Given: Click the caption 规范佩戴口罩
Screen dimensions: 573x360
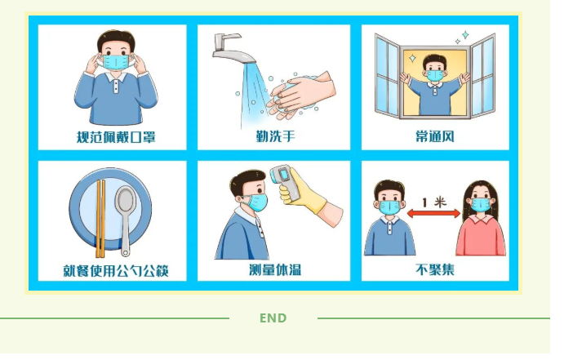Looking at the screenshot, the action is pos(116,137).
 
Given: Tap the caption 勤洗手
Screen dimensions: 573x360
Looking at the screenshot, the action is pos(275,136).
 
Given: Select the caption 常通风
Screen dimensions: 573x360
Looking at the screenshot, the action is pos(435,136).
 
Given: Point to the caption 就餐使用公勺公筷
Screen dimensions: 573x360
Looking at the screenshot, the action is pos(116,271).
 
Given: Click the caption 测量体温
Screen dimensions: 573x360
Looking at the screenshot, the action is pos(275,269).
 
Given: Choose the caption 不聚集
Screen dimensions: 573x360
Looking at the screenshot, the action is pos(435,269).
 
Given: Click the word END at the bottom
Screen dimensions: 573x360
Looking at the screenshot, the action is pos(273,318).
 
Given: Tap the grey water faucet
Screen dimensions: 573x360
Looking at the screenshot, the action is pos(231,49).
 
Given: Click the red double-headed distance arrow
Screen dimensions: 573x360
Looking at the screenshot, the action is pos(433,213).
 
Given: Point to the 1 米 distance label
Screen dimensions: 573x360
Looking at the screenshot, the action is pos(434,202).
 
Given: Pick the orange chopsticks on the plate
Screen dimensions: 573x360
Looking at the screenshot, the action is pos(100,219).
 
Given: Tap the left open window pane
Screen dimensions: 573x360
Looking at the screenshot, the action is pos(388,76).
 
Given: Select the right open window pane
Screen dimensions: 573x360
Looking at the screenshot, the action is pos(482,76).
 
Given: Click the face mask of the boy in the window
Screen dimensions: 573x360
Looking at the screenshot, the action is pos(435,75).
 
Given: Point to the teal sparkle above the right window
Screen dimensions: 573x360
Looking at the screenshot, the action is pos(465,35).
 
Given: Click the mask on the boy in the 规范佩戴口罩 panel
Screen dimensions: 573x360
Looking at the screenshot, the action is pos(116,62).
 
